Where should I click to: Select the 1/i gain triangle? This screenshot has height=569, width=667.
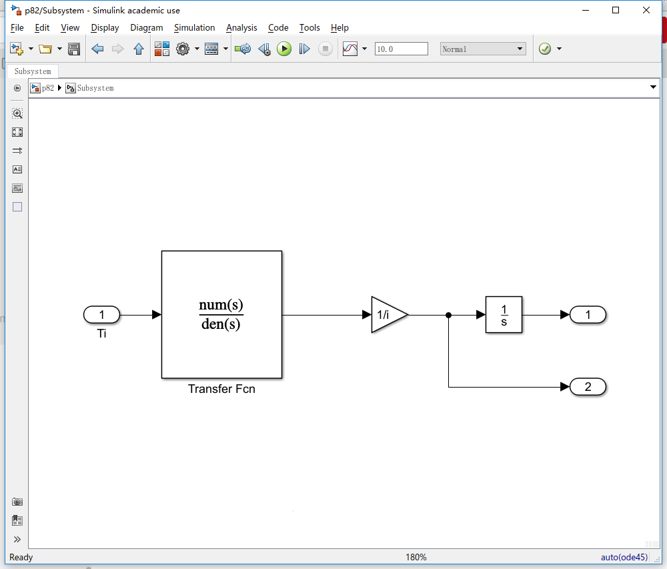click(387, 314)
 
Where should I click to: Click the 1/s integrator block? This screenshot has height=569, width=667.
click(504, 315)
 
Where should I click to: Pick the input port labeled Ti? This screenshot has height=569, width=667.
click(101, 315)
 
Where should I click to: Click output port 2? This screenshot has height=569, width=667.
click(588, 387)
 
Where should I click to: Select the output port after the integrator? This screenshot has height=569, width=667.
click(588, 315)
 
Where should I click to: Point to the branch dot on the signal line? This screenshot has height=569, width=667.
click(449, 315)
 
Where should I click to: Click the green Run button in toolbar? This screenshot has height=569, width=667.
click(284, 49)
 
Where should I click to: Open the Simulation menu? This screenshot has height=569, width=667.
click(194, 27)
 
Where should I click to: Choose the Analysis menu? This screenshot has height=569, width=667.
click(241, 27)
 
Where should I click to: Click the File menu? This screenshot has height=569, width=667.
click(17, 27)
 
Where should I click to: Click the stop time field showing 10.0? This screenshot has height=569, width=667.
click(401, 49)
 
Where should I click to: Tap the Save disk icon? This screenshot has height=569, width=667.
click(74, 49)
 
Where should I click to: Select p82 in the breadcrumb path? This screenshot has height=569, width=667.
click(47, 88)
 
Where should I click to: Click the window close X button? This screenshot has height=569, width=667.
click(646, 10)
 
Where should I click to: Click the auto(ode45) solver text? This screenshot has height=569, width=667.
click(624, 557)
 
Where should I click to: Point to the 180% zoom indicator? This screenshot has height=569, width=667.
click(416, 557)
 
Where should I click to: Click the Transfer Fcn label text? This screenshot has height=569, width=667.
click(221, 389)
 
